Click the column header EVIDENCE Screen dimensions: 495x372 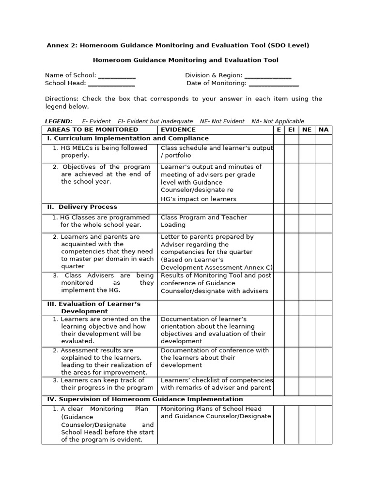178,130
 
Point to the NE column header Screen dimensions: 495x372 307,130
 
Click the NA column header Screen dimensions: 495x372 324,130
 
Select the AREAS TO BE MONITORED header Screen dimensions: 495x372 93,130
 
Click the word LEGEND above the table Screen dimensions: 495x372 59,122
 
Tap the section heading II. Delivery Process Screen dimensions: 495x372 82,207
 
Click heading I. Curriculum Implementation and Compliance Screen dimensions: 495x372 128,139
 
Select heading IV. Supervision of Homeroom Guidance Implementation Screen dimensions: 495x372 145,400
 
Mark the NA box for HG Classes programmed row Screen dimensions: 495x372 324,223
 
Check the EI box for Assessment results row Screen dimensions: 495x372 292,362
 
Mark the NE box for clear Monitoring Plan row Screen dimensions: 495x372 307,424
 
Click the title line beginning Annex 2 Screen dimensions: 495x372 177,46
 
